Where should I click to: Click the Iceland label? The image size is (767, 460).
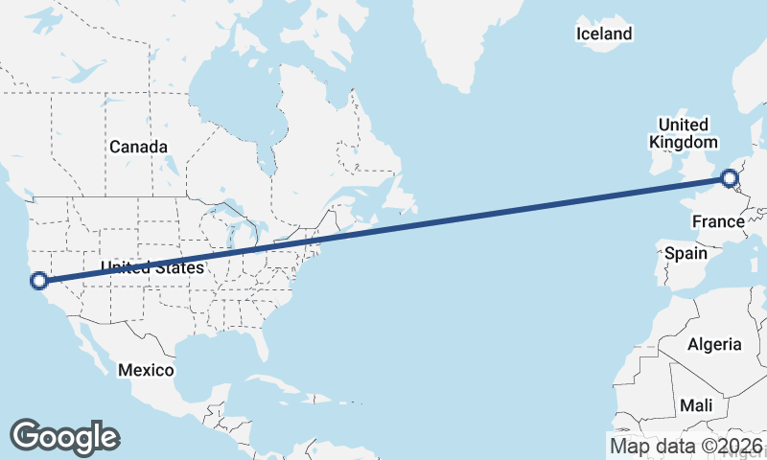(x=604, y=34)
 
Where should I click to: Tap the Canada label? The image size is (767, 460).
(x=138, y=147)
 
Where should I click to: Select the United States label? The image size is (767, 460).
(x=152, y=267)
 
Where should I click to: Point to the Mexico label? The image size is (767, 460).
(x=146, y=370)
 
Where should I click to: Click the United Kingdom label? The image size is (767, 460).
(x=683, y=133)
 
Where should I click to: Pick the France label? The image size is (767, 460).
(x=718, y=222)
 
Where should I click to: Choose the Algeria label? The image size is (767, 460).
(x=715, y=344)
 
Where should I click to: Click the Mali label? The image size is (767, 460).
(x=696, y=405)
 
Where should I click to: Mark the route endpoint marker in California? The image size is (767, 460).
(x=39, y=281)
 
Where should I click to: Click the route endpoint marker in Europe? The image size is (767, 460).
(x=730, y=177)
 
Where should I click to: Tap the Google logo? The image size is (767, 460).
(x=64, y=437)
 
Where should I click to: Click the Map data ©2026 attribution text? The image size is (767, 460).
(x=686, y=446)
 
